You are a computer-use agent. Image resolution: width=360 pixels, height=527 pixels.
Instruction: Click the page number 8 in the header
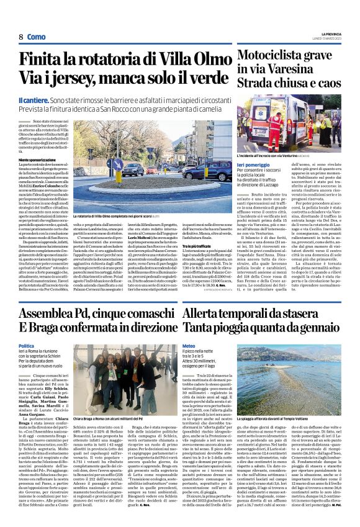(21, 37)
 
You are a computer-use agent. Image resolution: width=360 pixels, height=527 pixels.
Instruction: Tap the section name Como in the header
(37, 37)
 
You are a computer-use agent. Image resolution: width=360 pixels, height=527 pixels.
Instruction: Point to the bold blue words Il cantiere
(33, 100)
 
